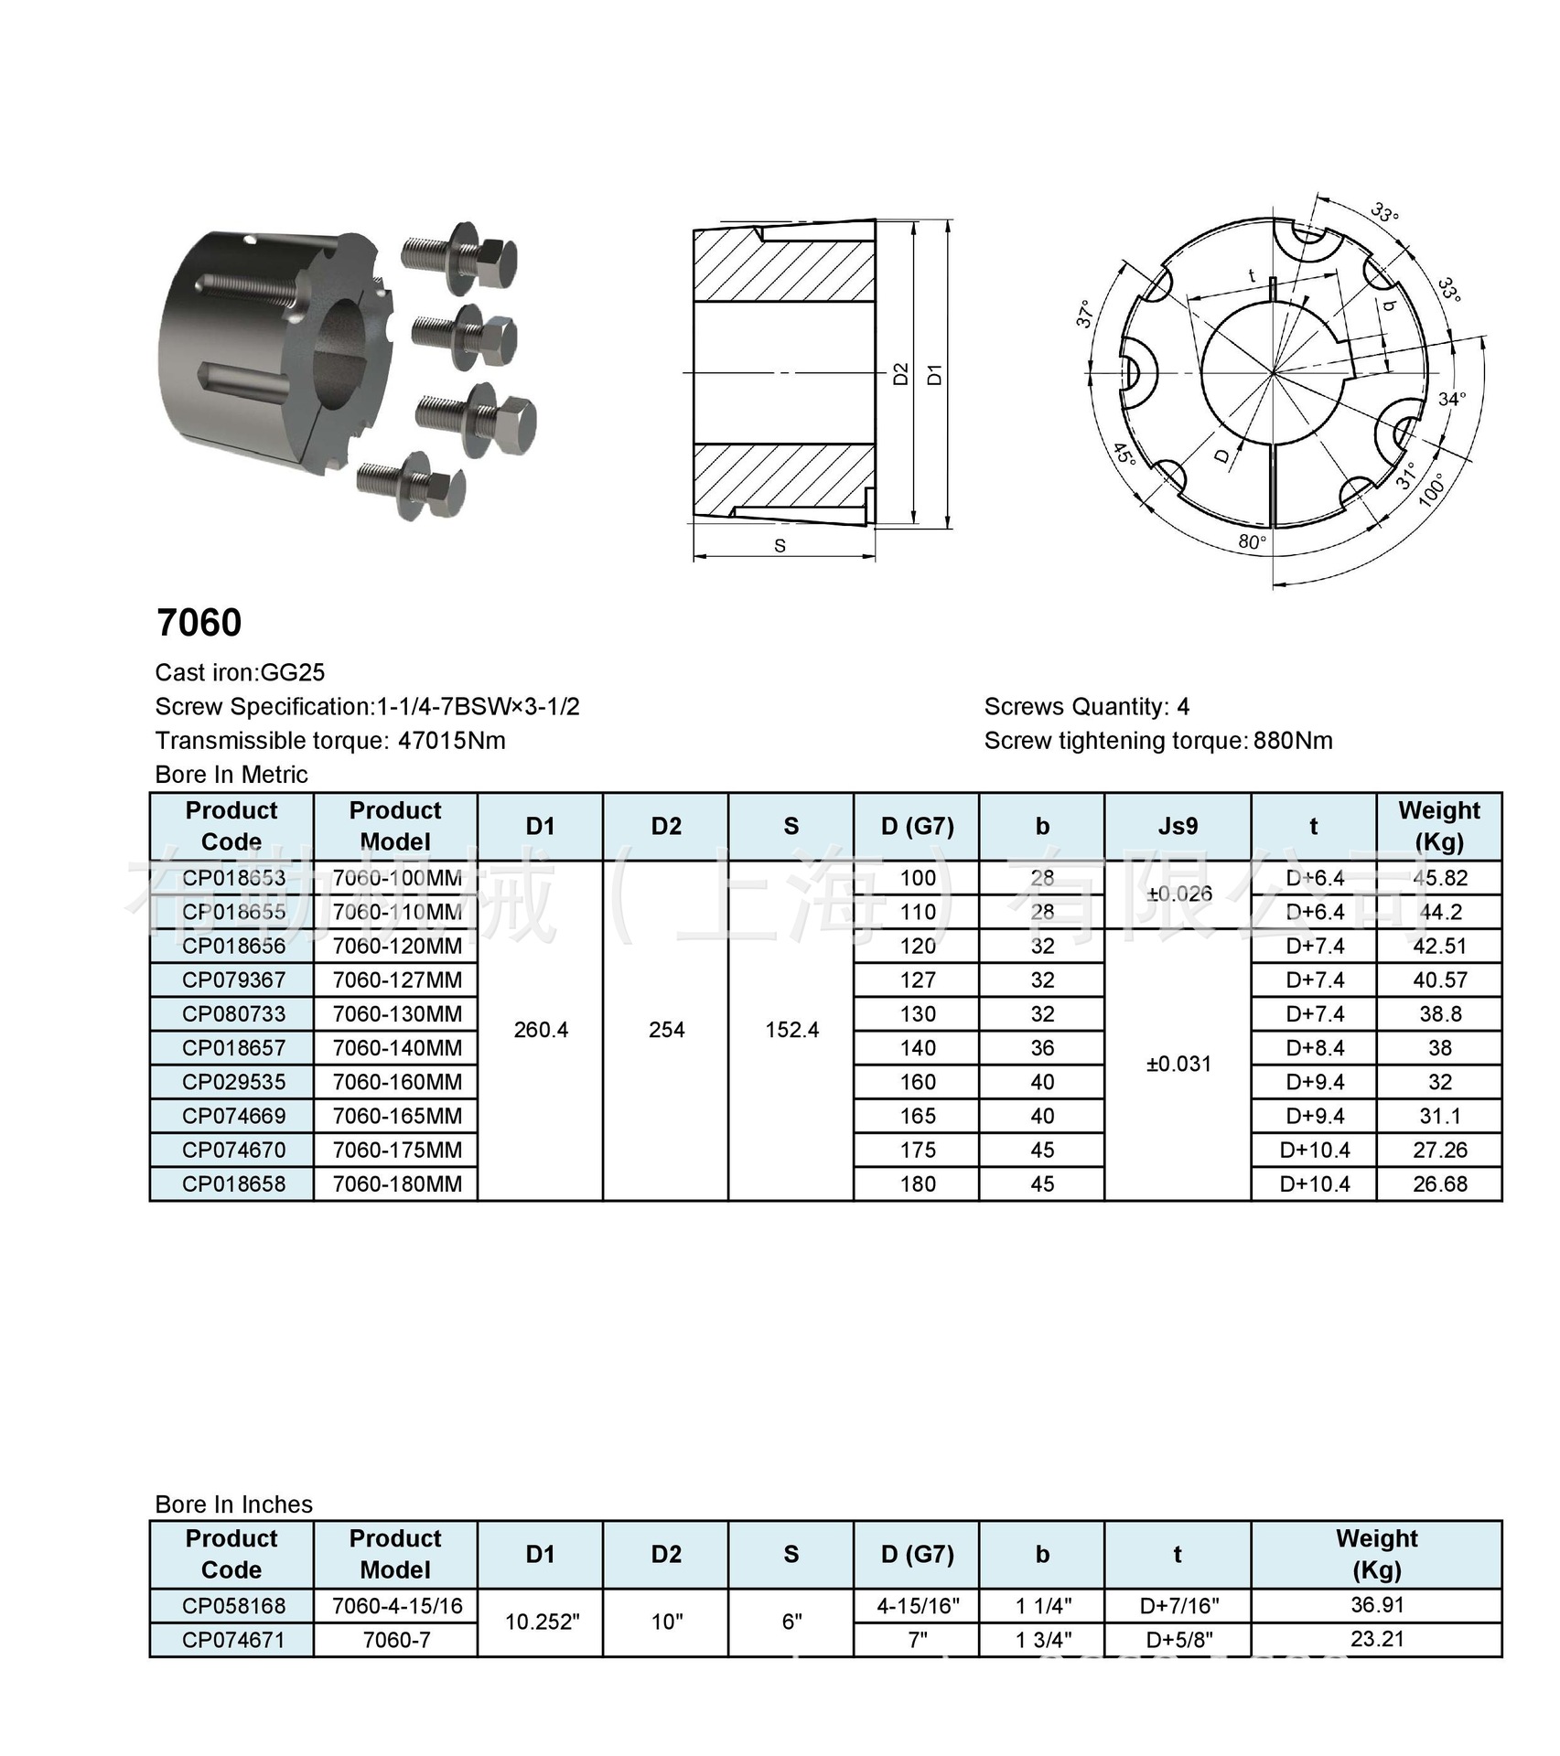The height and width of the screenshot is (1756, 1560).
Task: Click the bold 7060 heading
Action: coord(199,623)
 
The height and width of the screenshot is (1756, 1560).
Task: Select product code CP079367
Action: coord(233,980)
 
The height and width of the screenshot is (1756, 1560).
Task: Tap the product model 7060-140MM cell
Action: coord(396,1048)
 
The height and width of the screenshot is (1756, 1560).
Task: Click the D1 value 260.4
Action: coord(541,1030)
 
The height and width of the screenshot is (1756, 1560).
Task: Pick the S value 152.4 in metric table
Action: coord(791,1030)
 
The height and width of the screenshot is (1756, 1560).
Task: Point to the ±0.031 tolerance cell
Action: coord(1178,1064)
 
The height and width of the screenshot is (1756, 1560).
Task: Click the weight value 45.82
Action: coord(1439,878)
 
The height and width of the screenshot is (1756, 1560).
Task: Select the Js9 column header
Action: coord(1178,827)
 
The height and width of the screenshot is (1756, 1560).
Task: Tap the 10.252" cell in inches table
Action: coord(542,1622)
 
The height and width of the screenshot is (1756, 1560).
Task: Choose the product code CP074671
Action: coord(233,1640)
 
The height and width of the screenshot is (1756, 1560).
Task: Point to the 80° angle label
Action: coord(1252,542)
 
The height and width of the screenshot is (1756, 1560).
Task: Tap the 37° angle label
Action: coord(1085,314)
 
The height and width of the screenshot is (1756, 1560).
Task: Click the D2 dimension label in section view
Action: coord(900,374)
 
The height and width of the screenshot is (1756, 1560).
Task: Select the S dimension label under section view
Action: coord(780,546)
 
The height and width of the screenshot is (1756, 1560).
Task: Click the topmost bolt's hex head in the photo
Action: coord(498,259)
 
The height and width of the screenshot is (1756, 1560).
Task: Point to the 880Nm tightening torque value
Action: coord(1292,741)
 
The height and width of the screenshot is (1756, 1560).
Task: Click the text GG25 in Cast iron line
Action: coord(293,673)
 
